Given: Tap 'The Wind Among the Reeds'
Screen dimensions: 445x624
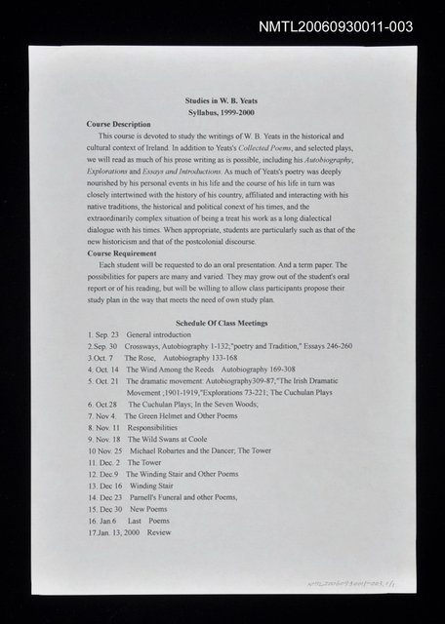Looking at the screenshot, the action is pos(168,370).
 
